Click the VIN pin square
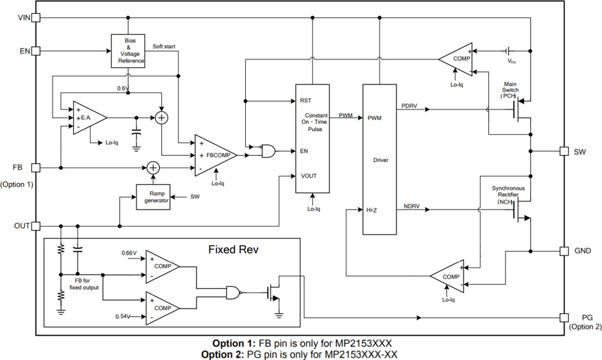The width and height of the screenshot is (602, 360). pyautogui.click(x=36, y=17)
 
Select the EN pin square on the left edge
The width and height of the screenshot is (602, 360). pyautogui.click(x=36, y=51)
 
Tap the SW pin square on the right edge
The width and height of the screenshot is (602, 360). pyautogui.click(x=565, y=151)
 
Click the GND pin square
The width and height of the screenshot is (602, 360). pyautogui.click(x=565, y=251)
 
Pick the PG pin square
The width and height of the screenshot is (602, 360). pyautogui.click(x=565, y=318)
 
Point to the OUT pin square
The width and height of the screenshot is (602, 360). pyautogui.click(x=36, y=226)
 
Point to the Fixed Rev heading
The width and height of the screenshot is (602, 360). pyautogui.click(x=234, y=249)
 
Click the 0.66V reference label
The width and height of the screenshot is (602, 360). pyautogui.click(x=129, y=254)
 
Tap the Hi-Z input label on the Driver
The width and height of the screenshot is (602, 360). pyautogui.click(x=372, y=210)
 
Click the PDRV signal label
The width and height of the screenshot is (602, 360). pyautogui.click(x=410, y=105)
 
